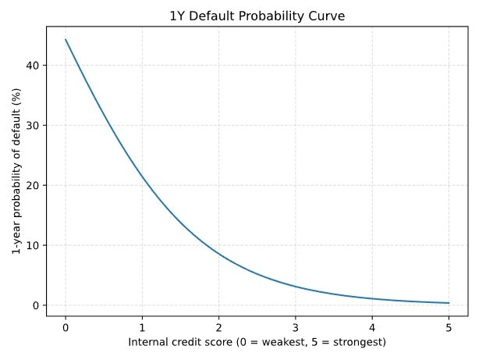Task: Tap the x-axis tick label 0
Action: (x=66, y=327)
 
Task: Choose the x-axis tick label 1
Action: (x=142, y=327)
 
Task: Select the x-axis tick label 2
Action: (x=218, y=327)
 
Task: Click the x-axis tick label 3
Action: (x=296, y=327)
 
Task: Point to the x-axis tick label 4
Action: (x=372, y=327)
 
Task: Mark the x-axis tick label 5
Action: (x=449, y=327)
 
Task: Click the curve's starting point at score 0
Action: (x=66, y=39)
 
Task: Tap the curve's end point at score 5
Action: (x=449, y=303)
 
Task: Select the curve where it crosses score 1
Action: (x=142, y=177)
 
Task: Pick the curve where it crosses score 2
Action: (x=218, y=254)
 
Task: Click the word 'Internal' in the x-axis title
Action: (x=147, y=342)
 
